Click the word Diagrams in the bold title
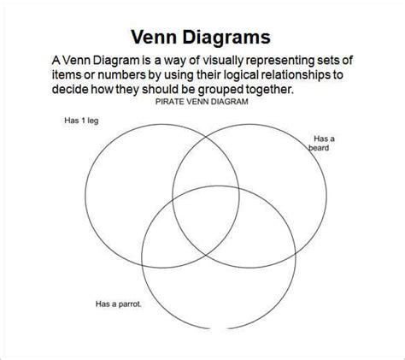226,38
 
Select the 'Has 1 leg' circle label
81,121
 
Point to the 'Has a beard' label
321,143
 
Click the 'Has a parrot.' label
119,304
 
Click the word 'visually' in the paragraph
223,61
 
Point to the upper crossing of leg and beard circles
206,139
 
